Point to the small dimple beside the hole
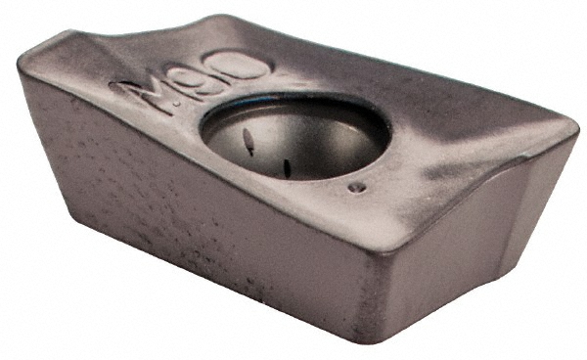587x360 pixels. [x=358, y=186]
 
